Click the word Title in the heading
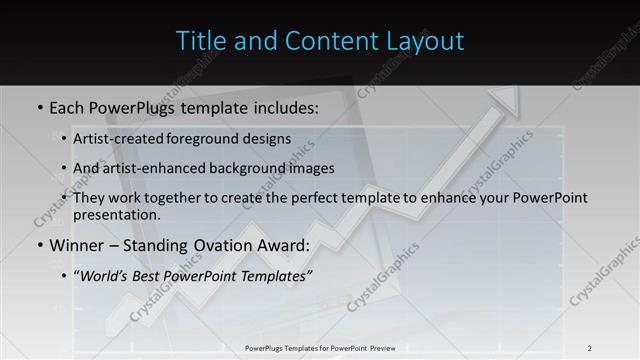200,41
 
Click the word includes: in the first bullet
277,105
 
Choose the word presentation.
116,214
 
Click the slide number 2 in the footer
590,347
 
